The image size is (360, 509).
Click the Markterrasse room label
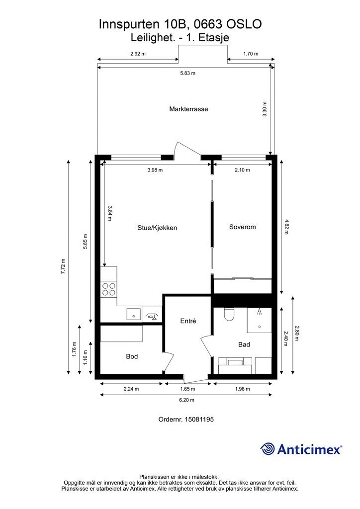click(188, 109)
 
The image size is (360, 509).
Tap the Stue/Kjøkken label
click(157, 228)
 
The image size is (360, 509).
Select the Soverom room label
click(243, 227)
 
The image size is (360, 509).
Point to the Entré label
click(188, 321)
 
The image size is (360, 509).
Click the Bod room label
click(132, 356)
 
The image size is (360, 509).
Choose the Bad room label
click(244, 344)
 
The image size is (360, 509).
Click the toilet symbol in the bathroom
click(229, 314)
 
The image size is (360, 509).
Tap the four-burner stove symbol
click(109, 289)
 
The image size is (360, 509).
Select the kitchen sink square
click(133, 315)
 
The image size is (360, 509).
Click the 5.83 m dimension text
click(188, 73)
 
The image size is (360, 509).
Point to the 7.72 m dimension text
click(63, 266)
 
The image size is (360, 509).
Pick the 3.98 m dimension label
click(155, 170)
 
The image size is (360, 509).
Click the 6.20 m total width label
click(186, 400)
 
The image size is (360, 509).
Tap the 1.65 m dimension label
click(187, 389)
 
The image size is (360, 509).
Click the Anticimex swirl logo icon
click(267, 449)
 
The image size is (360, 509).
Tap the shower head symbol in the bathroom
click(260, 312)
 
